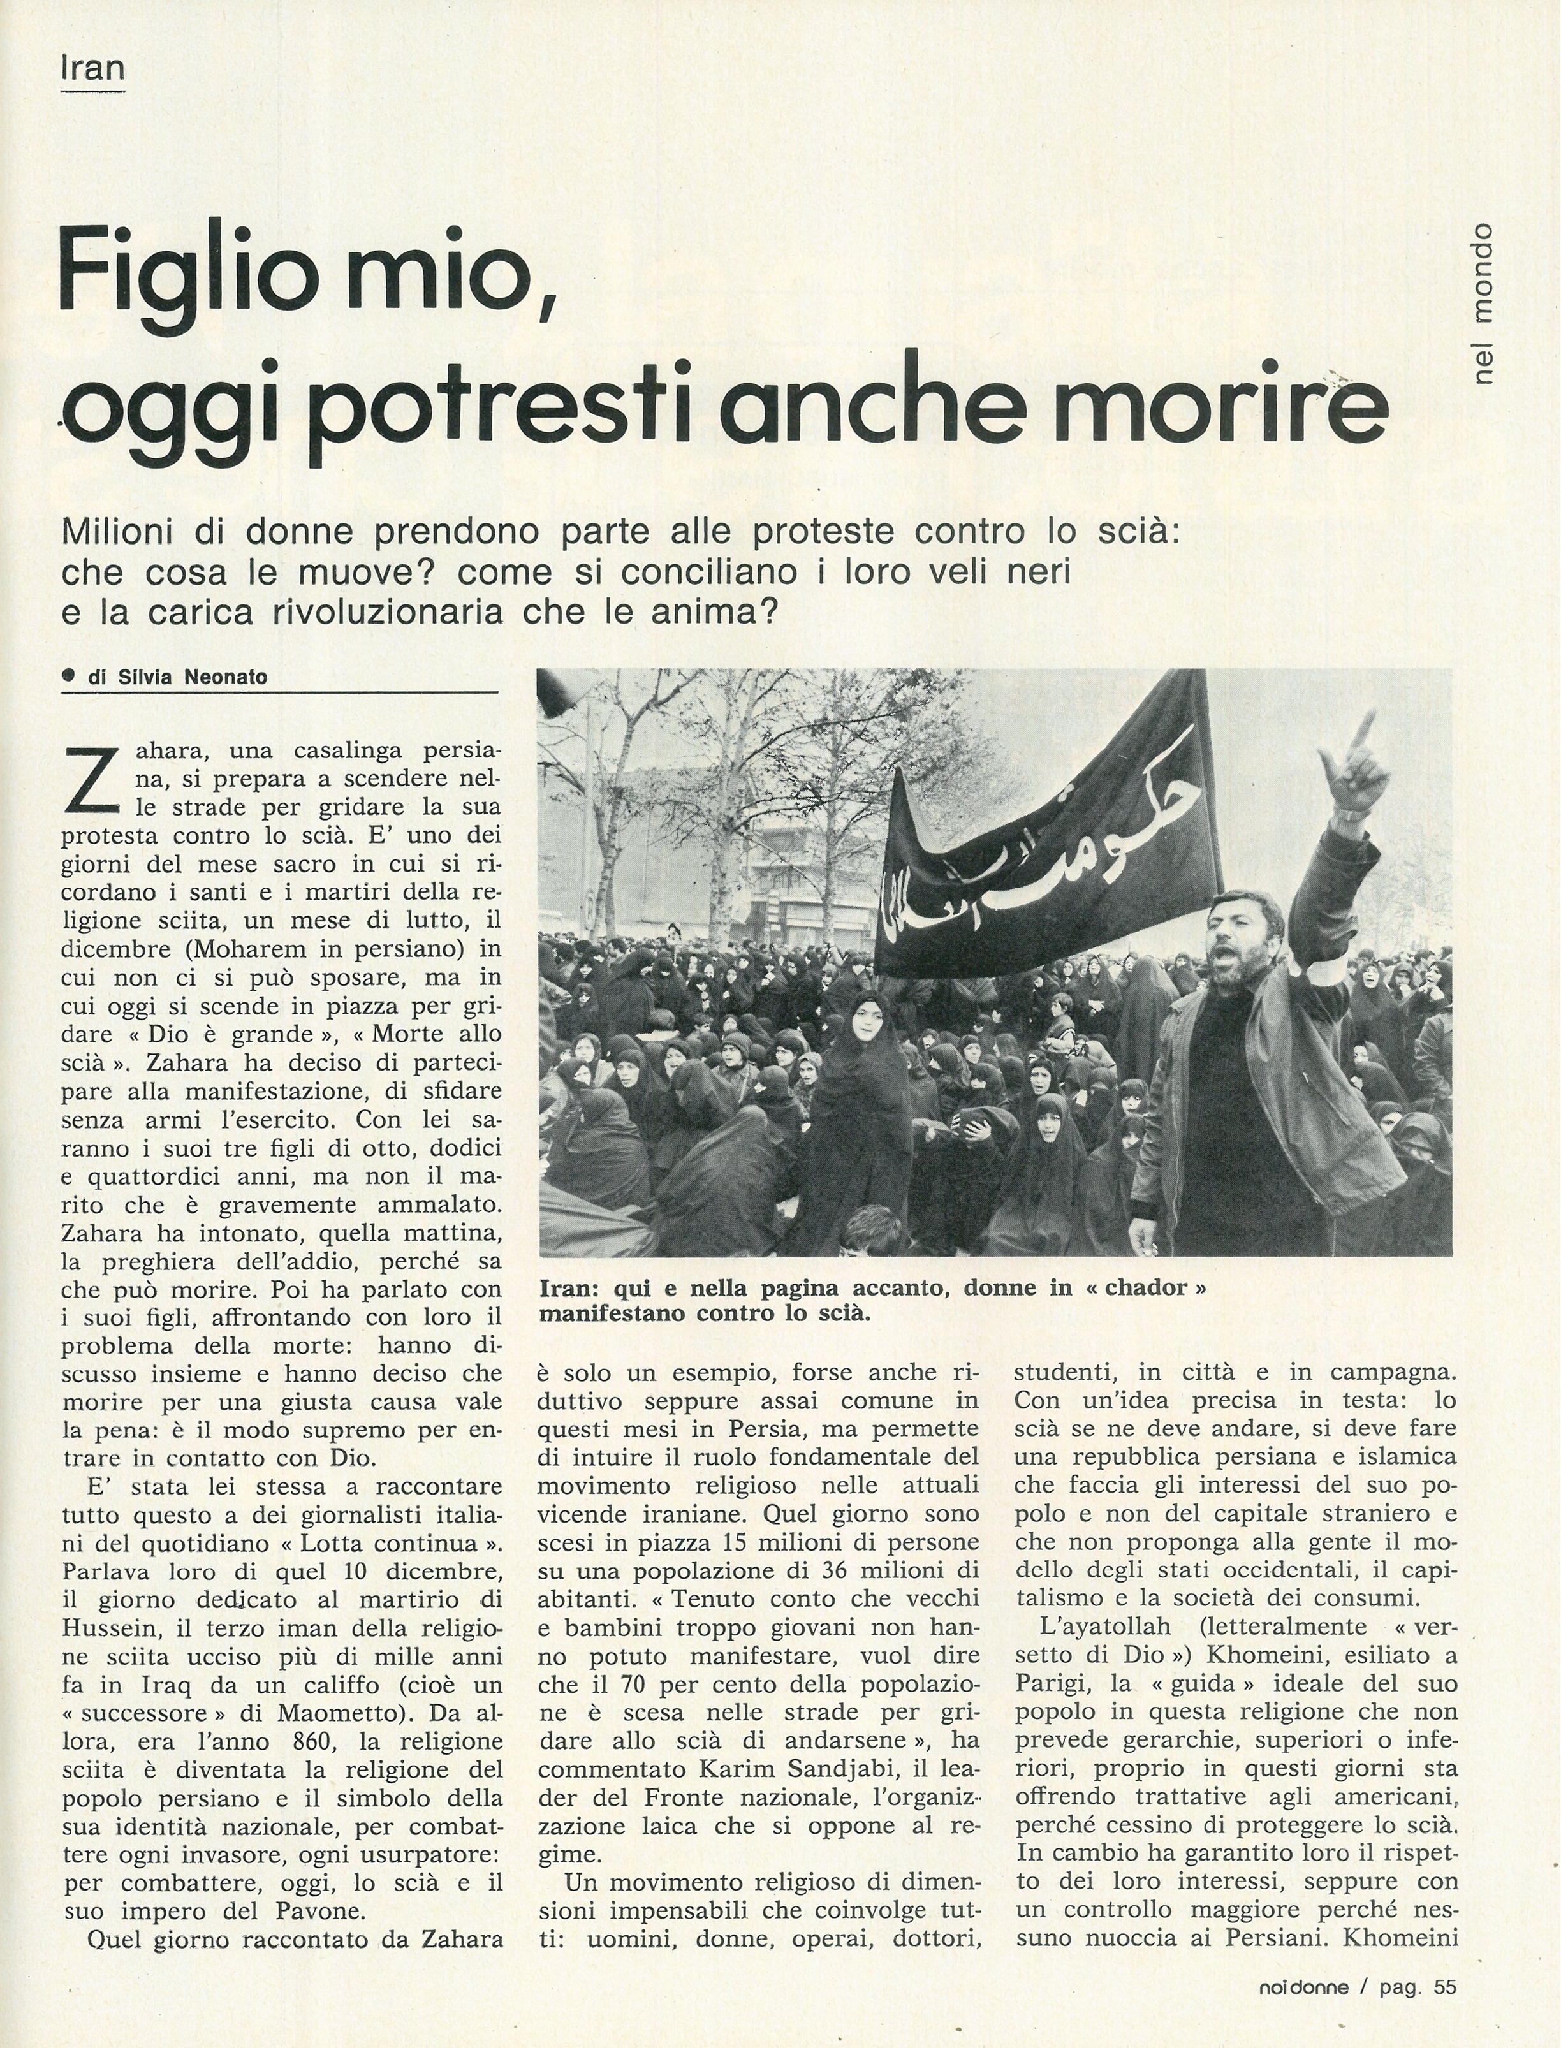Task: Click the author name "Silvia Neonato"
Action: (x=193, y=677)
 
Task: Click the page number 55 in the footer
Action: (x=1443, y=1981)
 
